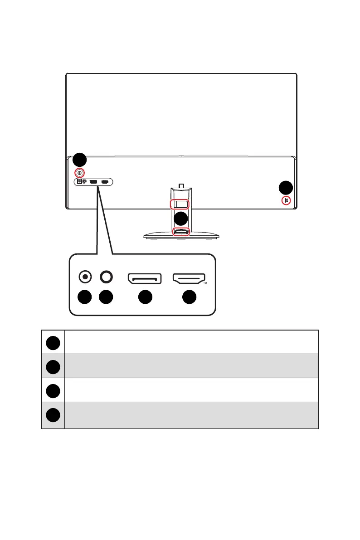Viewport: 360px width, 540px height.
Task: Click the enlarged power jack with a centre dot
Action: tap(85, 276)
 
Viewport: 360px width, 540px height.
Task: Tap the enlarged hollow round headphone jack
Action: tap(106, 276)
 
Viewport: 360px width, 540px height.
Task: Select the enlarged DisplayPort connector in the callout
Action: tap(145, 278)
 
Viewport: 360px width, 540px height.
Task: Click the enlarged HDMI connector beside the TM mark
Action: tap(189, 278)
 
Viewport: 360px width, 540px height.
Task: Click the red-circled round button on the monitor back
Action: tap(80, 173)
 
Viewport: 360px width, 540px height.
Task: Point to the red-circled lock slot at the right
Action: tap(286, 200)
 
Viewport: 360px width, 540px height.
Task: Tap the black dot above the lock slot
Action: tap(286, 188)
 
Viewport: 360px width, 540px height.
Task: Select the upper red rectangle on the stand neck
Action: tap(180, 204)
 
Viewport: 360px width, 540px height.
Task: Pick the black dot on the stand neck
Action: tap(181, 219)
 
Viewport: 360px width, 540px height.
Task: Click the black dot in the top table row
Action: tap(53, 342)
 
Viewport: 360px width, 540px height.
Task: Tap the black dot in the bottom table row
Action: tap(53, 415)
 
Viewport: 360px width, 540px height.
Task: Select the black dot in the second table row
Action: tap(53, 366)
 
